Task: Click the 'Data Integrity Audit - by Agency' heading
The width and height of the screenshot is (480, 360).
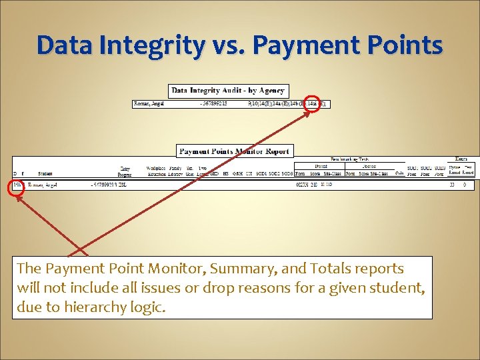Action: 228,90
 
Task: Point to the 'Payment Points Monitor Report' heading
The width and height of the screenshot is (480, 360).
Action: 234,151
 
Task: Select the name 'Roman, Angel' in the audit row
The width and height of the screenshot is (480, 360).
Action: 149,103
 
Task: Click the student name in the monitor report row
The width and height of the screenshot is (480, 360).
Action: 42,185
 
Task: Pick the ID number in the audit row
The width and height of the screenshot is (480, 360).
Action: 214,103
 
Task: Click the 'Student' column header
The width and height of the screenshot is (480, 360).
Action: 45,174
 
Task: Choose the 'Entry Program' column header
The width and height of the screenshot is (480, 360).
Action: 125,171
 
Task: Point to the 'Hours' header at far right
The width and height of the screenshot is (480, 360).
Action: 461,159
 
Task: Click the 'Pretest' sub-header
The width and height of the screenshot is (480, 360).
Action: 321,166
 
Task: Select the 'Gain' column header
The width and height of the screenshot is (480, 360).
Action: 399,173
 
